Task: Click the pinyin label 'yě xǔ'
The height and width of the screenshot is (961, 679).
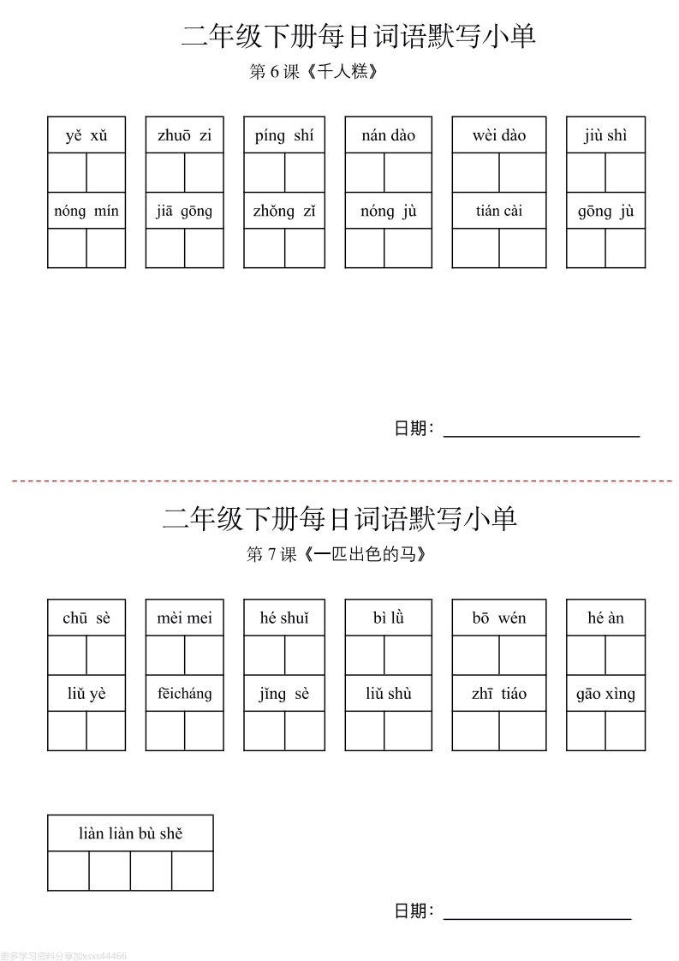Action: [x=86, y=135]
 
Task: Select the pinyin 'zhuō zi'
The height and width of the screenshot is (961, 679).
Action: [x=184, y=135]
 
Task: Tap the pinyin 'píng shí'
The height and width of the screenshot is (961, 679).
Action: [x=284, y=136]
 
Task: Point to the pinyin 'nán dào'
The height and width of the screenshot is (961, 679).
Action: [x=389, y=135]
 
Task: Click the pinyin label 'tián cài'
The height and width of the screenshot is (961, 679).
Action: [x=499, y=211]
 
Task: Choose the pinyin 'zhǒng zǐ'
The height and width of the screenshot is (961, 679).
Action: [x=284, y=212]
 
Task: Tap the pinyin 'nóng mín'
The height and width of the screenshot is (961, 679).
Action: [x=86, y=212]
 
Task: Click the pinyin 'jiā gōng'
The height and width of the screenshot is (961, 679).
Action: [x=184, y=212]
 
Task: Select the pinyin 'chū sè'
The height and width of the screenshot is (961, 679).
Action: [x=86, y=618]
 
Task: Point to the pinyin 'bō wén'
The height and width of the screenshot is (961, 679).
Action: [x=499, y=618]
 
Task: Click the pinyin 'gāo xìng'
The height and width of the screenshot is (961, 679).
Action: [x=606, y=695]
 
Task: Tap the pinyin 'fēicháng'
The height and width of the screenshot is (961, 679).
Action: [x=184, y=694]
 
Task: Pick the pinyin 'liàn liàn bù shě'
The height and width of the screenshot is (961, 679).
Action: [x=130, y=833]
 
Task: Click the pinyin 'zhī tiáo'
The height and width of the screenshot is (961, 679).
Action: [x=499, y=693]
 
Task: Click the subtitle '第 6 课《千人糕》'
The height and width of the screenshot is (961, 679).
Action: [x=313, y=72]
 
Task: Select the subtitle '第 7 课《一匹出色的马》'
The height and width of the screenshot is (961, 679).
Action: [x=336, y=554]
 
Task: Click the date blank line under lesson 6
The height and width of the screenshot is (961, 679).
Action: [x=542, y=436]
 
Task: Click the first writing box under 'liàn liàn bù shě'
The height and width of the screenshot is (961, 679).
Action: [x=68, y=871]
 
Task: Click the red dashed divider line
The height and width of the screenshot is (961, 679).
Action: [x=342, y=481]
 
